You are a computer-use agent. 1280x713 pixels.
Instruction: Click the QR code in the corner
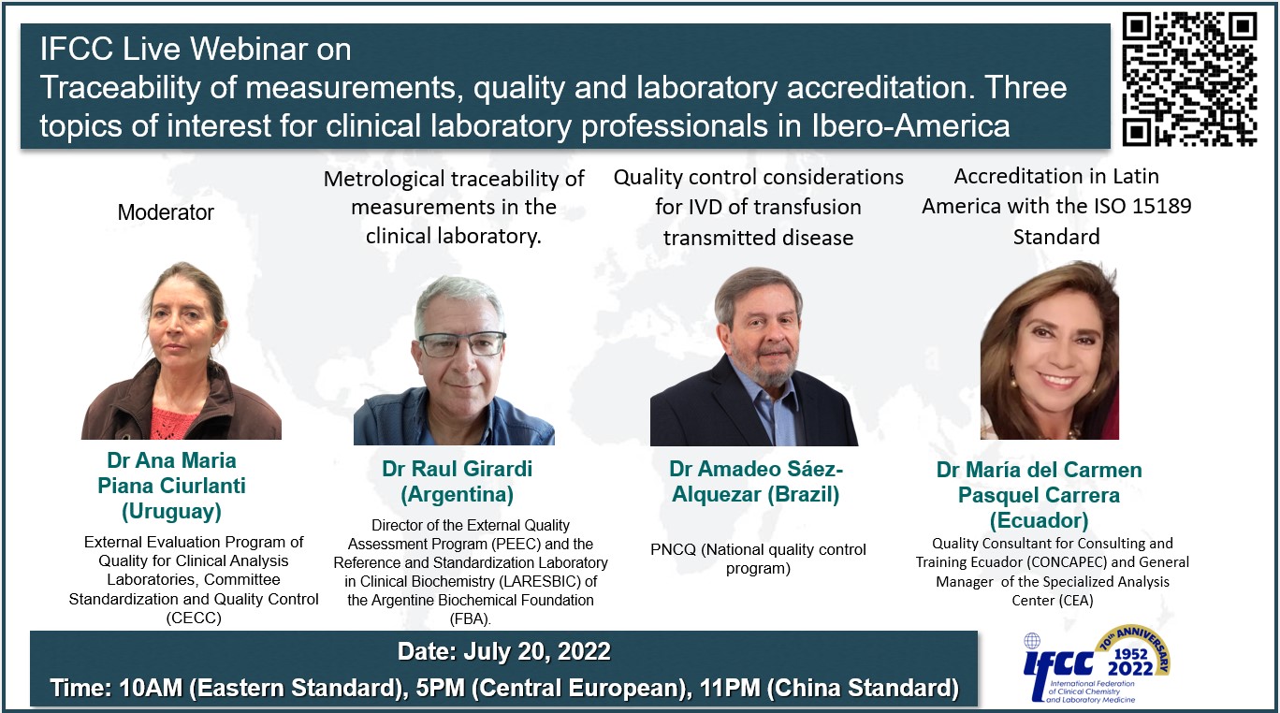[1189, 80]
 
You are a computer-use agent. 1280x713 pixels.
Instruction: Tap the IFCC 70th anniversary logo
[1096, 664]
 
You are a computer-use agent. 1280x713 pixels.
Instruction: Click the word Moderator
[166, 212]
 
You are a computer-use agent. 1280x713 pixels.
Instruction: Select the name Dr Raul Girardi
[458, 469]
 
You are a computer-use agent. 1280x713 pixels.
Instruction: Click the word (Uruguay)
[171, 511]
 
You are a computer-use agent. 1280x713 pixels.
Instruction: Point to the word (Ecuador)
[1039, 520]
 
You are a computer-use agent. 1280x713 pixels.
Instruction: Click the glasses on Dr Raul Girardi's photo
[462, 344]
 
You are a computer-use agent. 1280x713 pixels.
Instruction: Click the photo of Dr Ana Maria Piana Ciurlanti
[182, 350]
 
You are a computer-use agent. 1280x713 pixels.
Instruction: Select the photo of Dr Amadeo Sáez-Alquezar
[754, 356]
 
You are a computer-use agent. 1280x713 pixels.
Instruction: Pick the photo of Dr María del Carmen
[1050, 350]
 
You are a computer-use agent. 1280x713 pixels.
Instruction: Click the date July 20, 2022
[537, 652]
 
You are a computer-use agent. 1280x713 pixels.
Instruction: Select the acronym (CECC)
[194, 618]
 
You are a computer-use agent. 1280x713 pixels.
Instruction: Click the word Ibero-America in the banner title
[910, 125]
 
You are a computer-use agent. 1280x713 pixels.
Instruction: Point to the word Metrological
[384, 180]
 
